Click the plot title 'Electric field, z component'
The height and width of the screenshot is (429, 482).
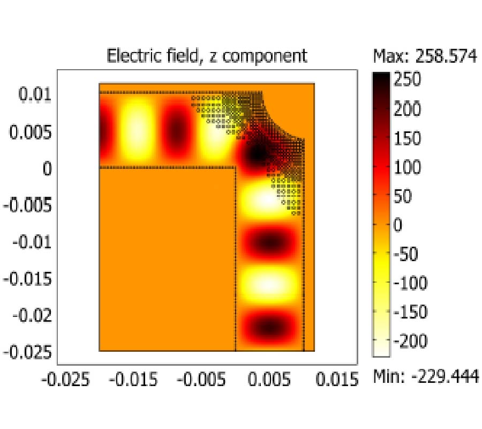click(207, 56)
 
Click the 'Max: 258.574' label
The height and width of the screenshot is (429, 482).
click(425, 56)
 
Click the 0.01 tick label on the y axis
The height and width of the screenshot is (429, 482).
click(35, 95)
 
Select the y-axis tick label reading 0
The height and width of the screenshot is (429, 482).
click(47, 168)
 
